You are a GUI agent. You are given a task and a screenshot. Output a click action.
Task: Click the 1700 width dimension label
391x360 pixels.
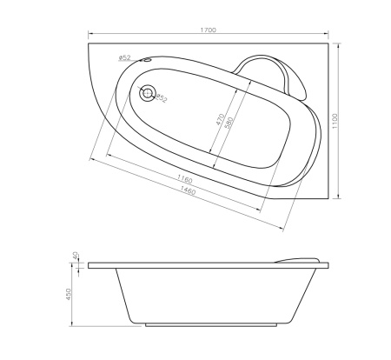[x=208, y=30]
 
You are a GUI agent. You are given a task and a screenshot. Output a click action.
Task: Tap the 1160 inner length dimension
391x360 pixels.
[x=183, y=178]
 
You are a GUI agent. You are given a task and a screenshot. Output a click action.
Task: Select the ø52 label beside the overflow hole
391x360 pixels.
[x=124, y=58]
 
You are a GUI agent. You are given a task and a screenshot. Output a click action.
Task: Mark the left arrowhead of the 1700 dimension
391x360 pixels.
[x=89, y=36]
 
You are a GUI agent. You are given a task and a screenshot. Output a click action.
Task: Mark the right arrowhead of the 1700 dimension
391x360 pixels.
[x=334, y=36]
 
